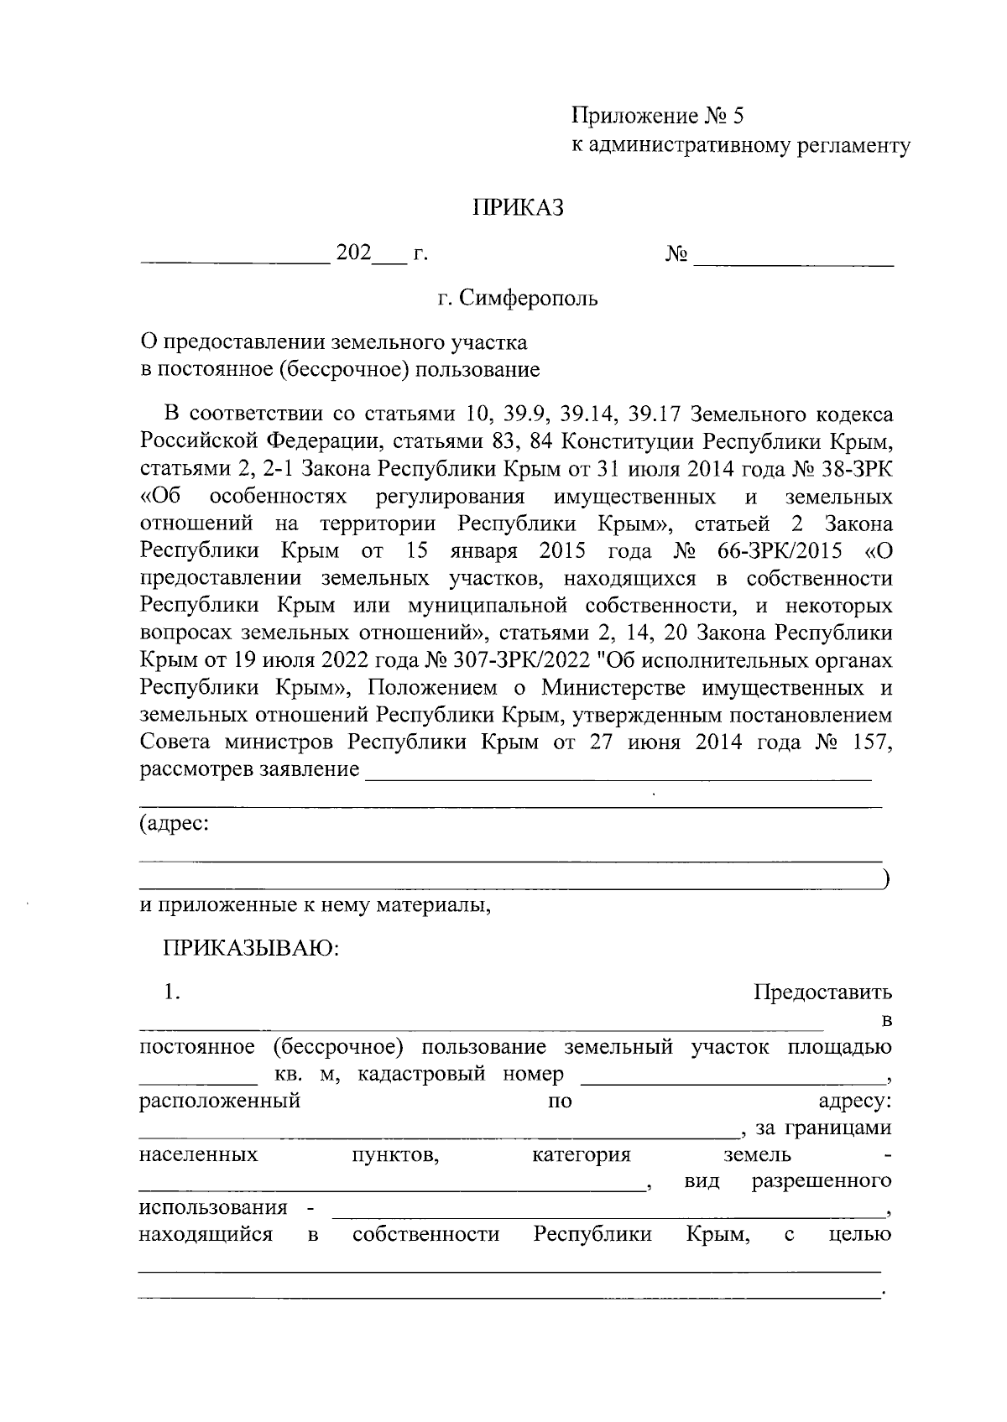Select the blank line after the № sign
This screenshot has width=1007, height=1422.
click(x=793, y=263)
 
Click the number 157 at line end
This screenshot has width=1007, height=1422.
click(x=872, y=742)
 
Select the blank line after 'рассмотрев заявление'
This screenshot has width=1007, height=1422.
click(x=618, y=779)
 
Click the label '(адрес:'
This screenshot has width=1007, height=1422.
click(x=175, y=824)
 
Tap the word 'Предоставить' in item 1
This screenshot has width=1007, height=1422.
click(x=822, y=992)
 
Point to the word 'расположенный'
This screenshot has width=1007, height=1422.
click(x=219, y=1101)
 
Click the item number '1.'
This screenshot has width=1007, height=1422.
click(x=173, y=992)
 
